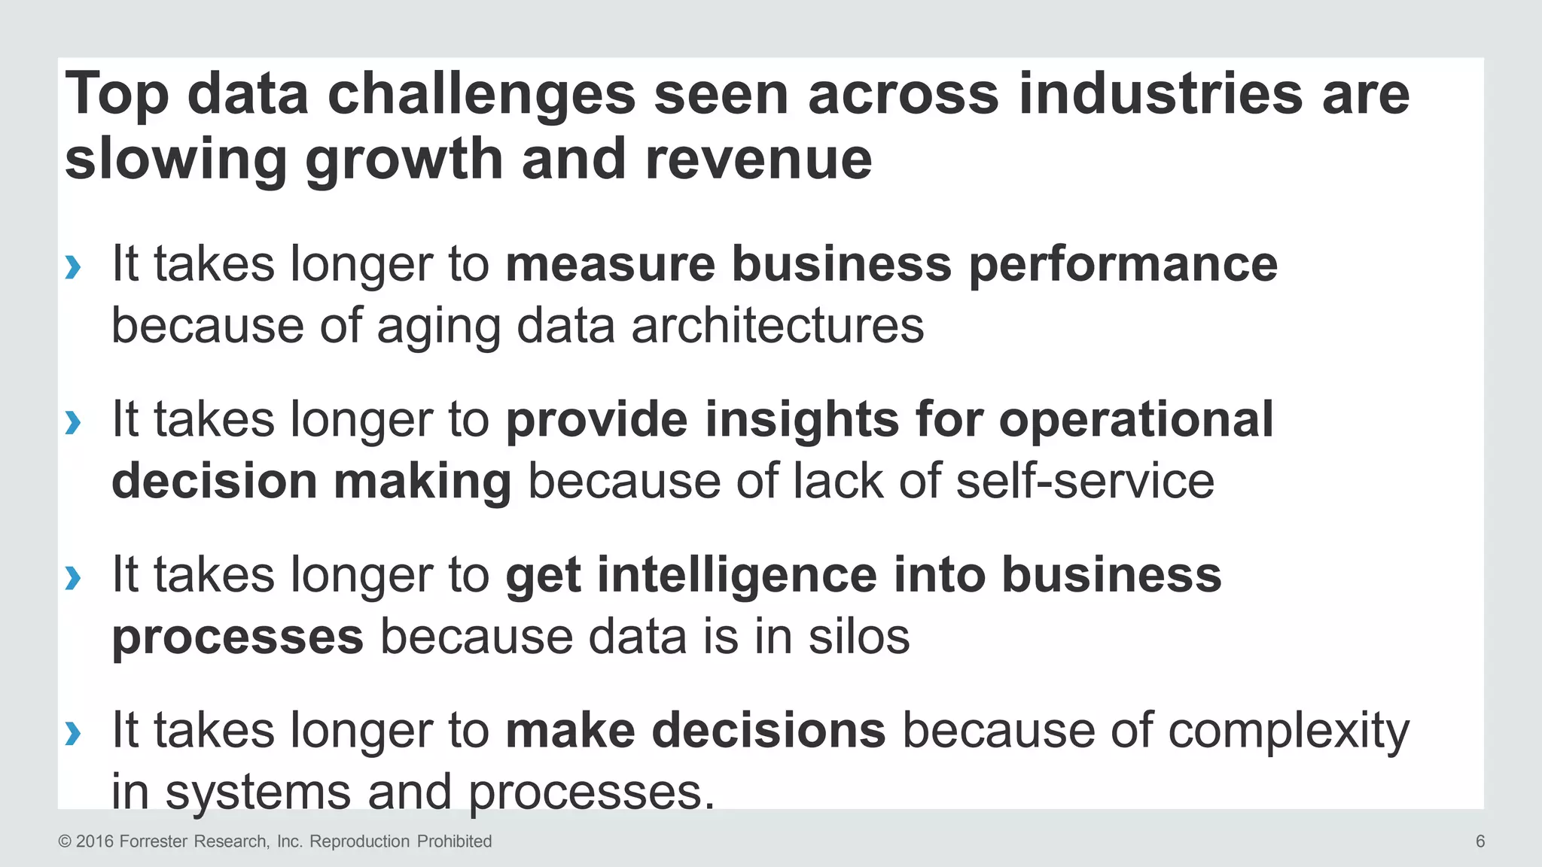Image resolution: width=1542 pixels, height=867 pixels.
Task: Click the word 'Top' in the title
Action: click(117, 96)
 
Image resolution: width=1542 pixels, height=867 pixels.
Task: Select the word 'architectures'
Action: click(777, 326)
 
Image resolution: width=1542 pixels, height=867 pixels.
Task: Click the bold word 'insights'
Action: click(802, 419)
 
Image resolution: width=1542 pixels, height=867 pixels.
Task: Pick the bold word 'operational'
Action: click(1136, 421)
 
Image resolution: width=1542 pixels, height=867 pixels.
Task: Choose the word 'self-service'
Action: click(1085, 481)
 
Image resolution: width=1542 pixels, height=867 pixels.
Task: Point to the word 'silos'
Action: click(859, 637)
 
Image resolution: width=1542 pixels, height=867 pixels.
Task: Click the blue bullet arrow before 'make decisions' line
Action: click(73, 732)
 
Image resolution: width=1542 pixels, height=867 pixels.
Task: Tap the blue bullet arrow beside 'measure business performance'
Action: click(73, 266)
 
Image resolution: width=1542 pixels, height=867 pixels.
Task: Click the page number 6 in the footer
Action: click(1480, 841)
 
